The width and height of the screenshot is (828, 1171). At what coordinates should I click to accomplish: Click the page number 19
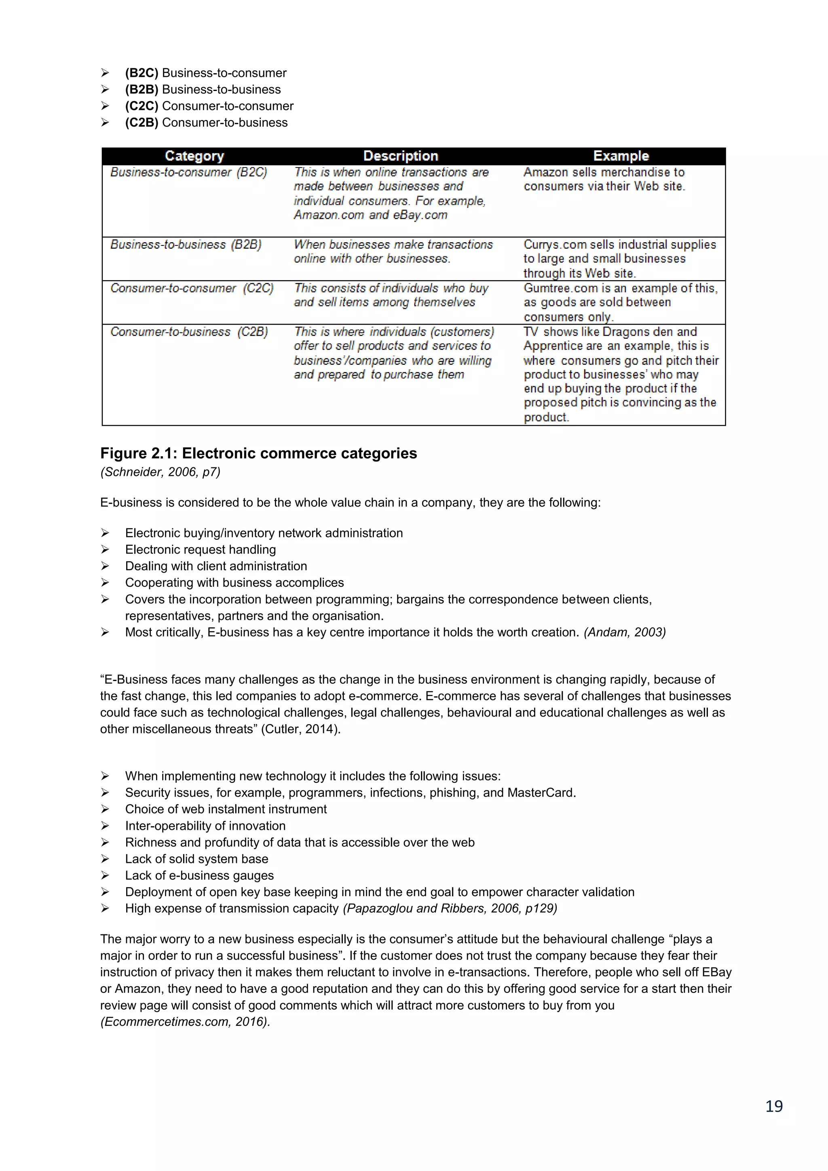773,1106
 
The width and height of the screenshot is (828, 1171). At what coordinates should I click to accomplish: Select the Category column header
194,156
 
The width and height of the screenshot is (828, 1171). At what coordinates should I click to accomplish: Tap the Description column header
400,156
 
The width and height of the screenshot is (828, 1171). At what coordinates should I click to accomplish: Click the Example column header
621,156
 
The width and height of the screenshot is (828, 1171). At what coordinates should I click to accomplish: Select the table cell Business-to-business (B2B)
186,245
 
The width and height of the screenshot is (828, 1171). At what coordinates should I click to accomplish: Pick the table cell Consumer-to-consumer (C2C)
192,288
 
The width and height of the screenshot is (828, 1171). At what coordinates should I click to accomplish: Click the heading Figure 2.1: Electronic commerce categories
258,453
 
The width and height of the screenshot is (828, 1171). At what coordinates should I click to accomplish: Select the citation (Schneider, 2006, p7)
160,472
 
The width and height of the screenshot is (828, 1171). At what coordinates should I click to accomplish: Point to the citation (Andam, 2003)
625,632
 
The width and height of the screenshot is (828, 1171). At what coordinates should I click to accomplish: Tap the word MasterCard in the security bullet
541,793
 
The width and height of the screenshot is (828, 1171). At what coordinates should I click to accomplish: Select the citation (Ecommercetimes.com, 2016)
185,1021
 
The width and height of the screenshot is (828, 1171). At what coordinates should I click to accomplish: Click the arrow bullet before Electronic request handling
105,549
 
